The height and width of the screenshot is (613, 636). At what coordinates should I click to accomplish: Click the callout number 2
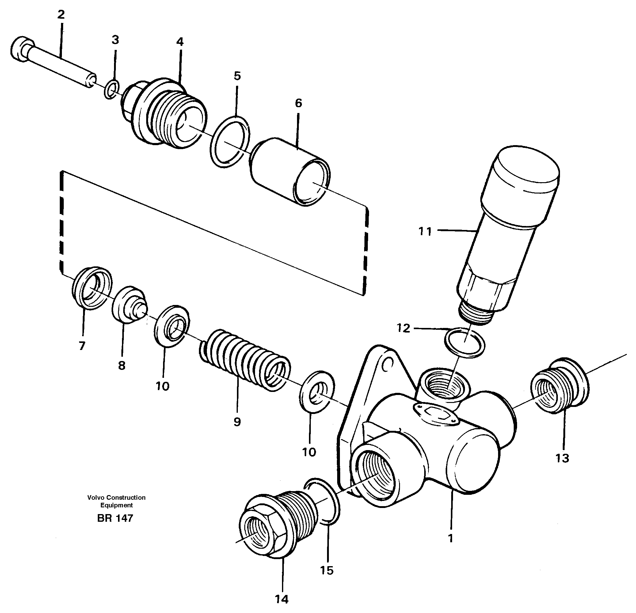[x=61, y=15]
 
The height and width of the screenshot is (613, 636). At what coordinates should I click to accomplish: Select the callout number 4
[x=180, y=42]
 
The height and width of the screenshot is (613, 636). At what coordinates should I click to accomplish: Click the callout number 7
[x=82, y=346]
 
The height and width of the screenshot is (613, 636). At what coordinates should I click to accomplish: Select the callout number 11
[x=425, y=231]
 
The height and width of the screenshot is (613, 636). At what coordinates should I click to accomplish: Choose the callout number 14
[x=281, y=599]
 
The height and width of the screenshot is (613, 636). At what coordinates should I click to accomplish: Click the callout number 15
[x=327, y=570]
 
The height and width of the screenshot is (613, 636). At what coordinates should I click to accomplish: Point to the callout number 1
[x=450, y=538]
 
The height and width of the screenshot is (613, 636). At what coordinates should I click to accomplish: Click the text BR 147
[x=115, y=518]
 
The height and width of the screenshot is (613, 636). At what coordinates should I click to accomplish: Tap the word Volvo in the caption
[x=95, y=498]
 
